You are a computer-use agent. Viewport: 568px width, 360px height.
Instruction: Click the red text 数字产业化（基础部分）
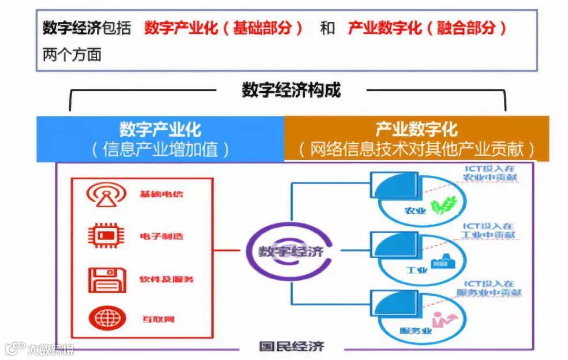pos(224,28)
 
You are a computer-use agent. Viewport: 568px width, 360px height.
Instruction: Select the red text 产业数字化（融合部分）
pos(427,28)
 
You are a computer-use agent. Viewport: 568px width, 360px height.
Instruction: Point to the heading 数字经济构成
pos(291,90)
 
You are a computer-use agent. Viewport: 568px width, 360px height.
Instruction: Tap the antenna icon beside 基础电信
pos(107,195)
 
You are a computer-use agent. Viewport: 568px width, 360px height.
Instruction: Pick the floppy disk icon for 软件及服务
pos(107,279)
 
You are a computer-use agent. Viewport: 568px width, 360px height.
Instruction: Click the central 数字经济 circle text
pos(290,252)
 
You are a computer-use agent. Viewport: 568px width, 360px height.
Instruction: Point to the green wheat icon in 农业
pos(445,205)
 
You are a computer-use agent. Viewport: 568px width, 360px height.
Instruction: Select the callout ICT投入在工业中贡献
pos(488,231)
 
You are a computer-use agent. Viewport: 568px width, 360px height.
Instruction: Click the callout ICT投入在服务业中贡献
pos(492,288)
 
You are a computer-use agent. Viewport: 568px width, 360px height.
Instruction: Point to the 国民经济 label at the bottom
pos(292,347)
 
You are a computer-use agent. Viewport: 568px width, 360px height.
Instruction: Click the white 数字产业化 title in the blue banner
pos(160,129)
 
